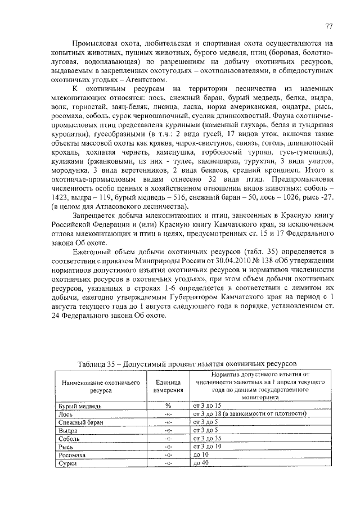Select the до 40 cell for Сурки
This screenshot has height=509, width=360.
[x=200, y=462]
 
